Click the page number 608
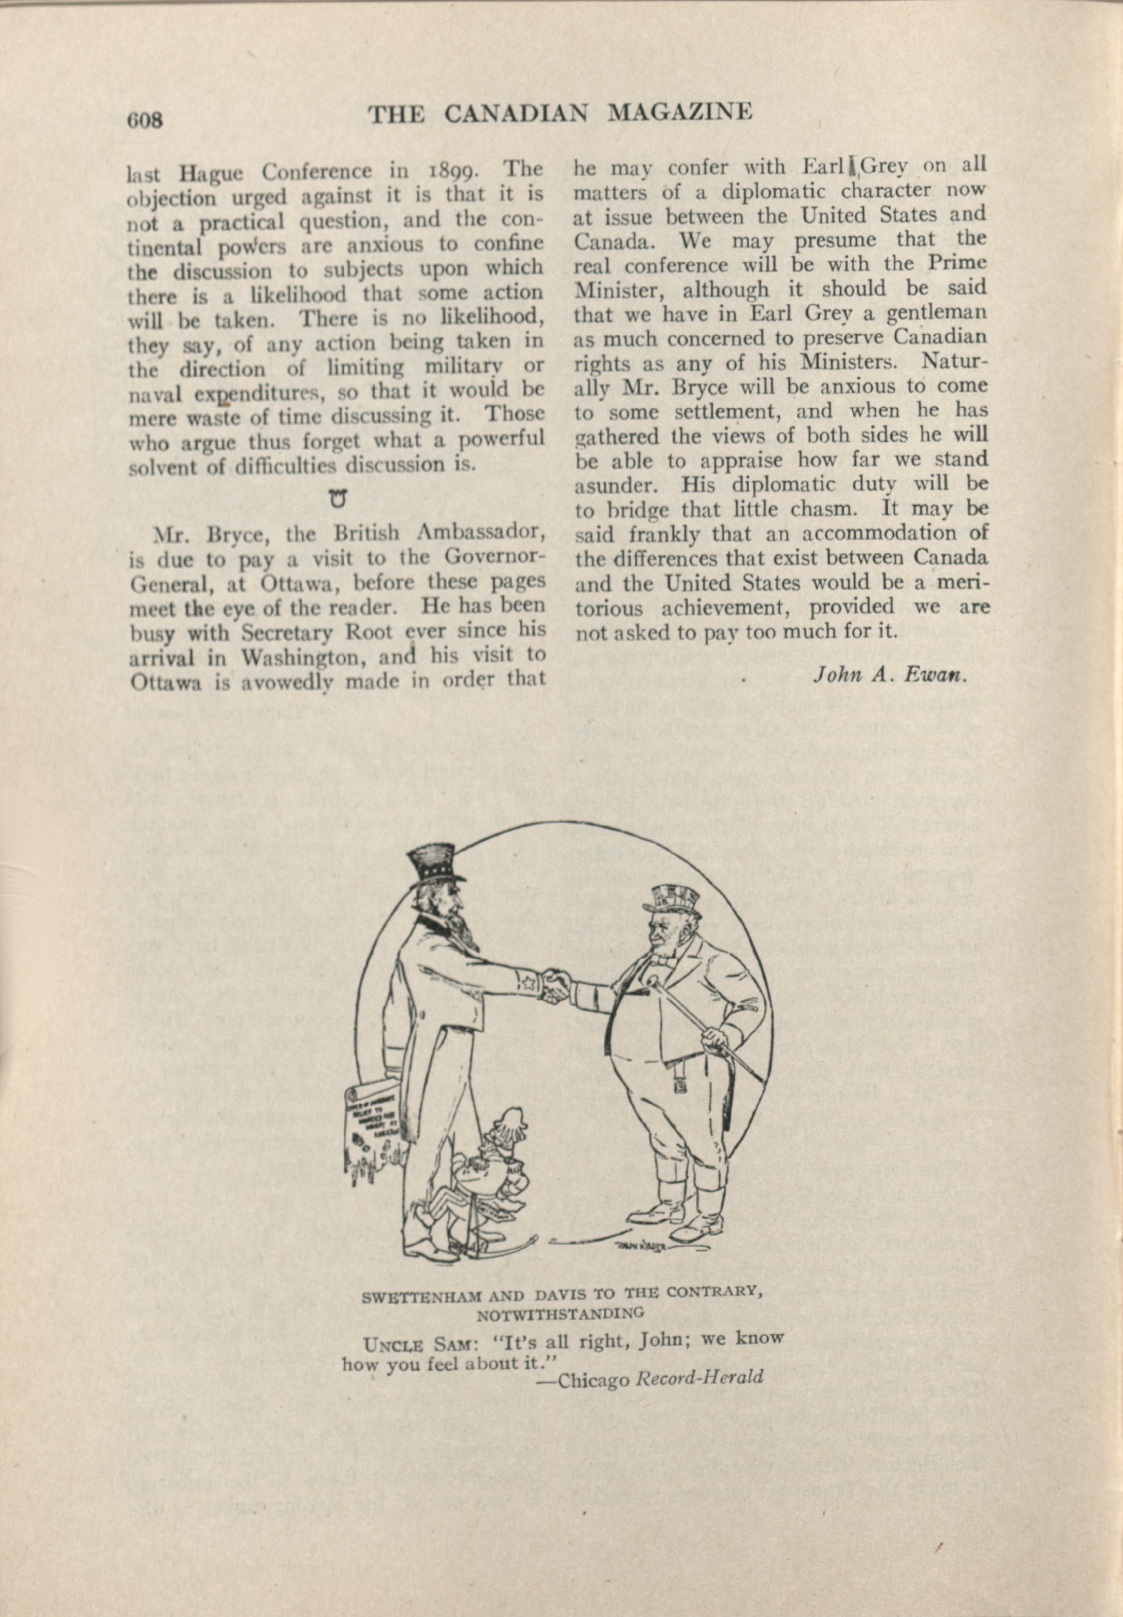(x=144, y=120)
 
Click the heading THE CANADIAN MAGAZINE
(x=560, y=113)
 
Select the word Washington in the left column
(x=305, y=658)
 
